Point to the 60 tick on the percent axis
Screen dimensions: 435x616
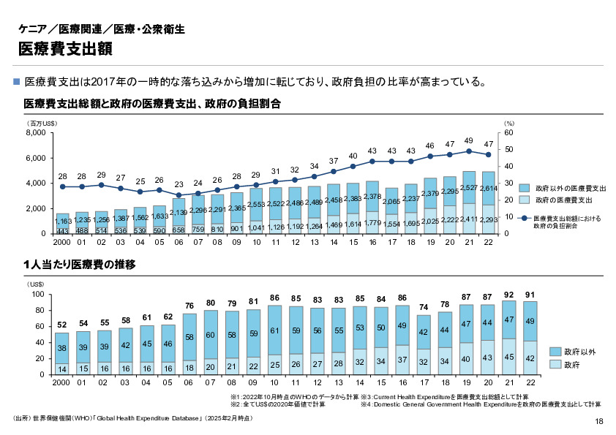point(509,133)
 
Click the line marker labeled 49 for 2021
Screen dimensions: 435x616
point(468,151)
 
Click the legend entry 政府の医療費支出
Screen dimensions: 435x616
point(564,199)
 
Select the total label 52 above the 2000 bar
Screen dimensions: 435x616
point(62,324)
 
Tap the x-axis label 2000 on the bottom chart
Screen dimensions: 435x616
point(62,383)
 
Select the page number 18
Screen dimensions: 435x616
point(599,421)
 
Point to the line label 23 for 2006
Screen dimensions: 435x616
point(179,185)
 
